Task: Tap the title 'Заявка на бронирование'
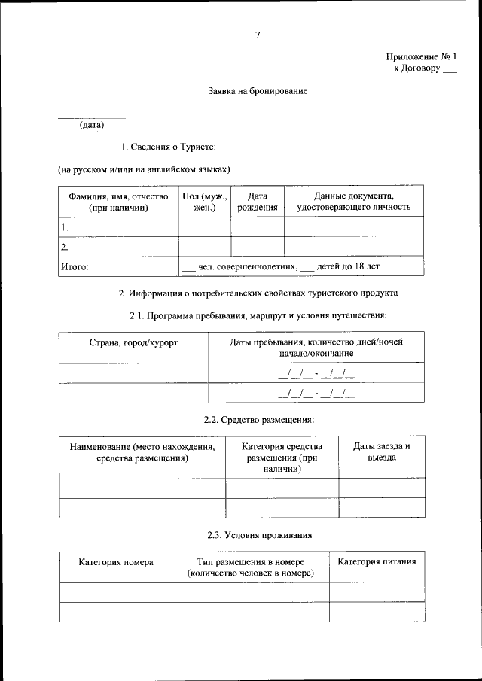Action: point(258,91)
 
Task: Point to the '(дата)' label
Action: point(92,125)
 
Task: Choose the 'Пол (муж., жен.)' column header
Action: point(205,201)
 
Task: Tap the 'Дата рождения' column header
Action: point(258,201)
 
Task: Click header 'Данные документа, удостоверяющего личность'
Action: point(353,201)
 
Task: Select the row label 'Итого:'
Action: point(75,266)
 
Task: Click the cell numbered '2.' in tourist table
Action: point(66,246)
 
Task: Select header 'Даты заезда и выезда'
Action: point(381,451)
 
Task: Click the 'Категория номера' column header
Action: point(116,562)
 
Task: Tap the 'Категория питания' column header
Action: point(376,562)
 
